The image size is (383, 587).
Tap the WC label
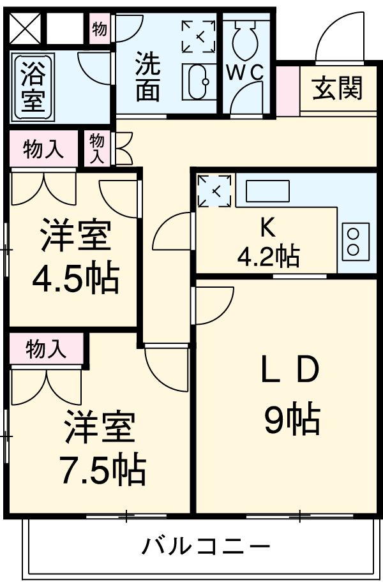click(245, 73)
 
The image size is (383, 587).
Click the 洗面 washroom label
click(147, 78)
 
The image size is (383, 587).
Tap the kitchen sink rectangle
click(267, 191)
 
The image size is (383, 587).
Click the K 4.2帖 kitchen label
click(267, 242)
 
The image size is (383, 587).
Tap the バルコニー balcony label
click(206, 547)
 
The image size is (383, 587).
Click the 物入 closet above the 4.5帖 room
click(43, 149)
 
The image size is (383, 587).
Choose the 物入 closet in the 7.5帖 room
click(46, 349)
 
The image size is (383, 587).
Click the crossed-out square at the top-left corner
click(25, 29)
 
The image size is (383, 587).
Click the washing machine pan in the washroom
click(199, 36)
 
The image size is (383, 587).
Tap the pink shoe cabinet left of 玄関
click(287, 90)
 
